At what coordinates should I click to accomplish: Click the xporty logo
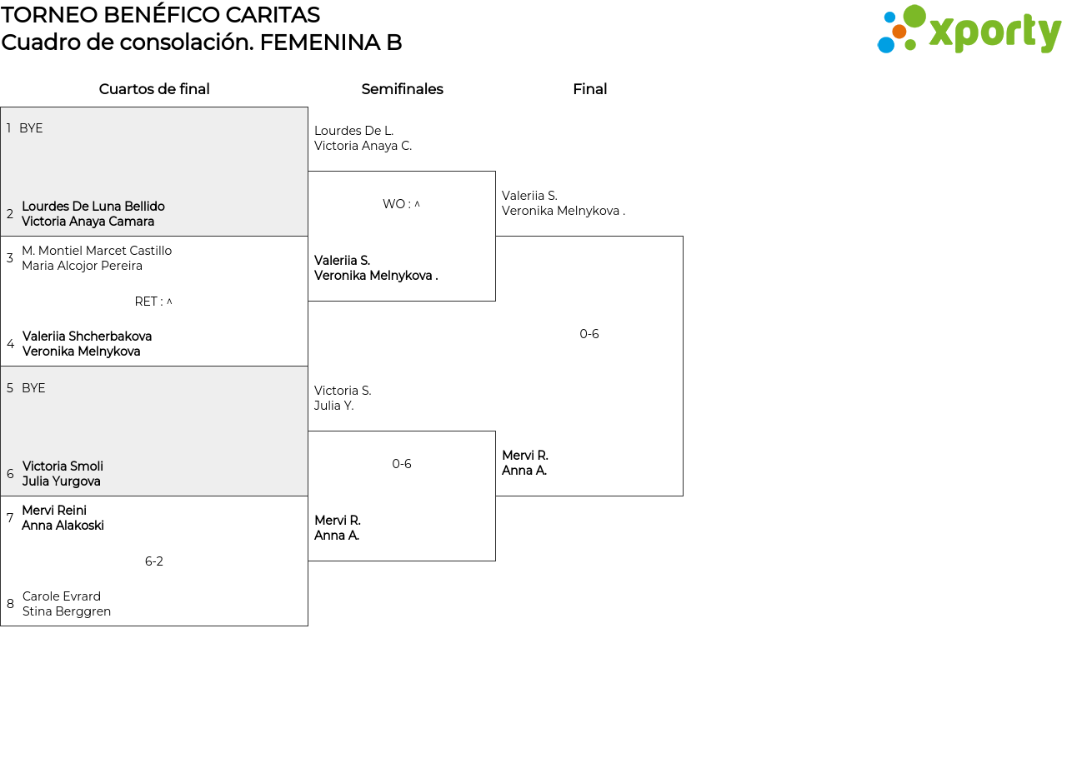(x=969, y=30)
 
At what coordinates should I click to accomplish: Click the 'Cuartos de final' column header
(x=154, y=89)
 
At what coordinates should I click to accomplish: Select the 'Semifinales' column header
(x=402, y=89)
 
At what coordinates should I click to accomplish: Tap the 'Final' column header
(x=589, y=89)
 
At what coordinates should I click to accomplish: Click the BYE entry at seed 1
(x=31, y=128)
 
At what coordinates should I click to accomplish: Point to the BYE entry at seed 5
(x=33, y=388)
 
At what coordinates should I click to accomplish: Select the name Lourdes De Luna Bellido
(x=93, y=207)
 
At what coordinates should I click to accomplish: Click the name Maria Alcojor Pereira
(x=82, y=266)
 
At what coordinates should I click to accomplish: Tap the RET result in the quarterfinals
(x=153, y=302)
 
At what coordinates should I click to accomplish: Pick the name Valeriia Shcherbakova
(x=87, y=337)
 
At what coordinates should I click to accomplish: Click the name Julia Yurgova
(x=62, y=481)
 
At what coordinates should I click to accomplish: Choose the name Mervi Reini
(x=54, y=511)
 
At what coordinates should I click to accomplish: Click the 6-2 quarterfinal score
(x=154, y=561)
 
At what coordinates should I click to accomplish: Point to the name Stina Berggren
(x=67, y=611)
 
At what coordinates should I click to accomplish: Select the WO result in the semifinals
(x=401, y=204)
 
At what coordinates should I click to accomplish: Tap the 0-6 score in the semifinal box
(x=402, y=464)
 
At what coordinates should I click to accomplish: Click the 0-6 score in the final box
(x=589, y=334)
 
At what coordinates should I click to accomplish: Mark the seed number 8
(x=10, y=604)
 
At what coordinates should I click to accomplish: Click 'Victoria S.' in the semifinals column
(x=343, y=391)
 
